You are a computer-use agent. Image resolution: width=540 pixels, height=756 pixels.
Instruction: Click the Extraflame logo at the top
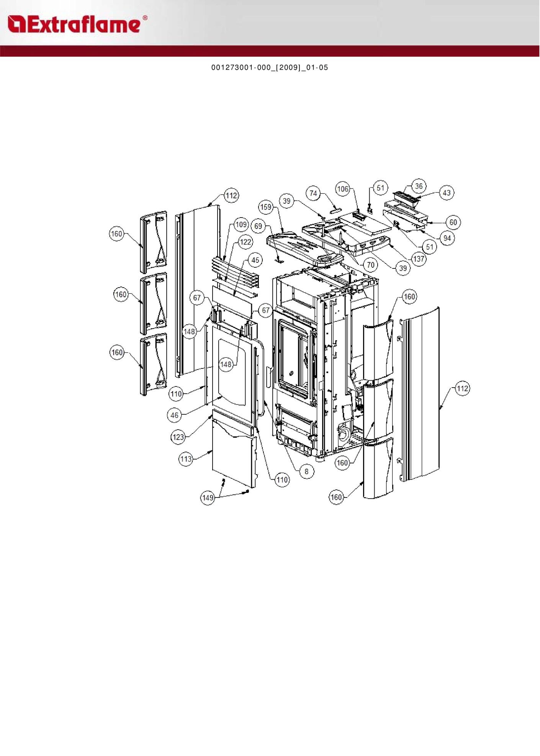click(77, 24)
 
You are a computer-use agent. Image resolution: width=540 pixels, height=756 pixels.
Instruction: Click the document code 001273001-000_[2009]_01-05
click(270, 67)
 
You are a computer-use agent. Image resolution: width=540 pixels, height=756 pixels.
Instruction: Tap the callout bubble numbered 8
click(306, 471)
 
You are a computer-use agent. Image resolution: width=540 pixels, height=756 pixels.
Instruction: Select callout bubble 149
click(208, 497)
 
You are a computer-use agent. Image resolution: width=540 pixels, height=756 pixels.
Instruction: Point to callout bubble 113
click(186, 458)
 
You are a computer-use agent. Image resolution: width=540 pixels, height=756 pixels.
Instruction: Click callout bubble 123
click(178, 437)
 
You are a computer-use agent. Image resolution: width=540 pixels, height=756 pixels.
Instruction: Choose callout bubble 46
click(175, 415)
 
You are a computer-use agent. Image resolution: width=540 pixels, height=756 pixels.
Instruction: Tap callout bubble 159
click(266, 207)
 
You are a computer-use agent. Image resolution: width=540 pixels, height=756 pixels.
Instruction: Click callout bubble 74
click(313, 193)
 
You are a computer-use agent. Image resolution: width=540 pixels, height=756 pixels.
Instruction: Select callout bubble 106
click(343, 189)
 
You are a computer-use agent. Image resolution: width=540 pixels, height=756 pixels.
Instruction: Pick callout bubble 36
click(419, 186)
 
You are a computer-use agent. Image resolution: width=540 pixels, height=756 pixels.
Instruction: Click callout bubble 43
click(447, 193)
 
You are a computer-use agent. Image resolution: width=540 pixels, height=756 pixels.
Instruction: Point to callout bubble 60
click(453, 222)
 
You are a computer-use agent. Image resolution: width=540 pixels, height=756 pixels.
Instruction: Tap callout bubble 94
click(447, 238)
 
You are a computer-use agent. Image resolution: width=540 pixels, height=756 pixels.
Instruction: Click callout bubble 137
click(419, 259)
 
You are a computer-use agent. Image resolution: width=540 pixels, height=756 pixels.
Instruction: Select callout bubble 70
click(370, 265)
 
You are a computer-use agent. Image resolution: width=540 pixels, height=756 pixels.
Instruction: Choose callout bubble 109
click(241, 224)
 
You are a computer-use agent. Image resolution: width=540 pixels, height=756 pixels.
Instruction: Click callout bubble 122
click(245, 242)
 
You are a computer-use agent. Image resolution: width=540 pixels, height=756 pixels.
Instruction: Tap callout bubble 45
click(255, 260)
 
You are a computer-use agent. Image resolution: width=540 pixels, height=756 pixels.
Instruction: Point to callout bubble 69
click(259, 226)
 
